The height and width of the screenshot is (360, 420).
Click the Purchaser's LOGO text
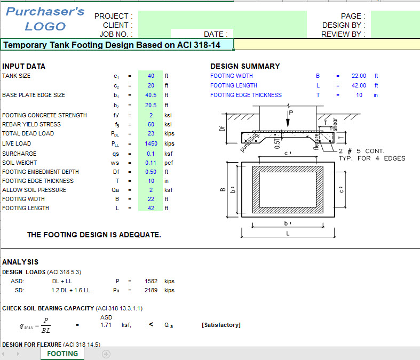[45, 19]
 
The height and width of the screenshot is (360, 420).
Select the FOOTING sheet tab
[62, 354]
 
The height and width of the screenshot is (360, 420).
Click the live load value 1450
[151, 143]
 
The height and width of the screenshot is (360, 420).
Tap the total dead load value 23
[151, 134]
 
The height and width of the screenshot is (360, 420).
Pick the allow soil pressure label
[34, 190]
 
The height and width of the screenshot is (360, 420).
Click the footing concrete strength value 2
[151, 115]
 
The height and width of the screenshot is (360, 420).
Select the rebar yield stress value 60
[151, 124]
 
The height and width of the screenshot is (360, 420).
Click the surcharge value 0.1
[151, 154]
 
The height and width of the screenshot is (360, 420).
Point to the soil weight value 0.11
[151, 163]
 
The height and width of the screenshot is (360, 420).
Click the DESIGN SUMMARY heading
[245, 66]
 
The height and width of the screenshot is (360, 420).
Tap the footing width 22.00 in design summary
[359, 76]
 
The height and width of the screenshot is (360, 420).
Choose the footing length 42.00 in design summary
[359, 85]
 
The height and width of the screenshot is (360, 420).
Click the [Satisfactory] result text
[221, 325]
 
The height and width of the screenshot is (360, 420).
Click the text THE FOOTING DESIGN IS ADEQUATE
[94, 235]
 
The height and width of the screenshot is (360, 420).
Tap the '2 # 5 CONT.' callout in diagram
[362, 151]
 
